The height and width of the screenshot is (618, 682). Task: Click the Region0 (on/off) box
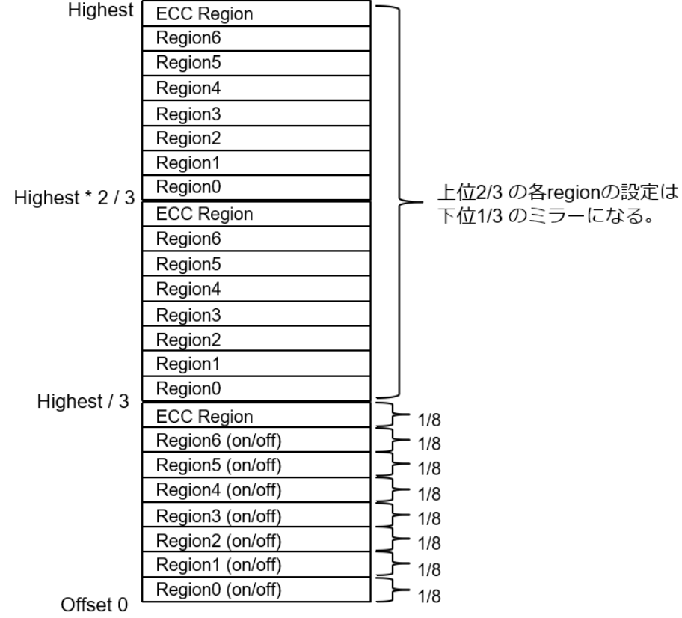pos(254,590)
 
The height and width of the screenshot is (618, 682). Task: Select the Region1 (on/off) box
pos(254,565)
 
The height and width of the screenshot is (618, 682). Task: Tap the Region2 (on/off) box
pos(254,540)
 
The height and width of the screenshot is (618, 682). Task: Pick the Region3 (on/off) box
pos(254,515)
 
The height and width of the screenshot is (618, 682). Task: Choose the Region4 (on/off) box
pos(254,490)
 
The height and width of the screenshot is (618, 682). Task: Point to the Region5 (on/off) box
pos(254,465)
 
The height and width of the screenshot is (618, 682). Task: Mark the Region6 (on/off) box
pos(254,440)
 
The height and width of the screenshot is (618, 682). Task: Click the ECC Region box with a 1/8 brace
pos(254,415)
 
